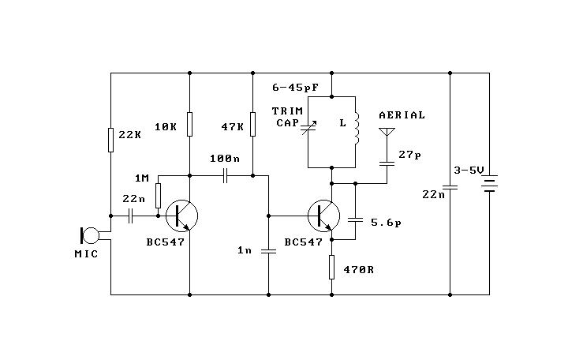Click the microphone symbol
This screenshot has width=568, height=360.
[89, 235]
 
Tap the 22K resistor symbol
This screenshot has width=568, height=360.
[111, 140]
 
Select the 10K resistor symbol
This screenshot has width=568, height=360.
[189, 125]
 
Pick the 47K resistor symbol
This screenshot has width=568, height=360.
[253, 125]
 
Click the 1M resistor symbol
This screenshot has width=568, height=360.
[158, 196]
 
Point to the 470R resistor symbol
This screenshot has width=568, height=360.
[331, 267]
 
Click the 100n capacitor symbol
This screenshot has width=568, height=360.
[225, 176]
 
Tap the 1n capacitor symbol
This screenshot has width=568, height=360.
[268, 251]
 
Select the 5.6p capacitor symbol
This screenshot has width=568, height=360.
[355, 219]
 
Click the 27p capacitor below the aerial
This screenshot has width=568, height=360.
[387, 163]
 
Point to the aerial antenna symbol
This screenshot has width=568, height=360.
[387, 132]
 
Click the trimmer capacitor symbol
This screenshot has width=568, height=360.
[308, 128]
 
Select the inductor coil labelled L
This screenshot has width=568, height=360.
[357, 128]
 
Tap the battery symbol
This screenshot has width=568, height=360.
[489, 184]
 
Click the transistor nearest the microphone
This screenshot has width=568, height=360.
[182, 216]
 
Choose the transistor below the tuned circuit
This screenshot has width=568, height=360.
[323, 216]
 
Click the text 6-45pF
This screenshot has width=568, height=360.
[295, 88]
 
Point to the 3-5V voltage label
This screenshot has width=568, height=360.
[469, 170]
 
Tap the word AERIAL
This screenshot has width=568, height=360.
[402, 115]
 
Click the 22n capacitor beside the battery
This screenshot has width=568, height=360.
[450, 187]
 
